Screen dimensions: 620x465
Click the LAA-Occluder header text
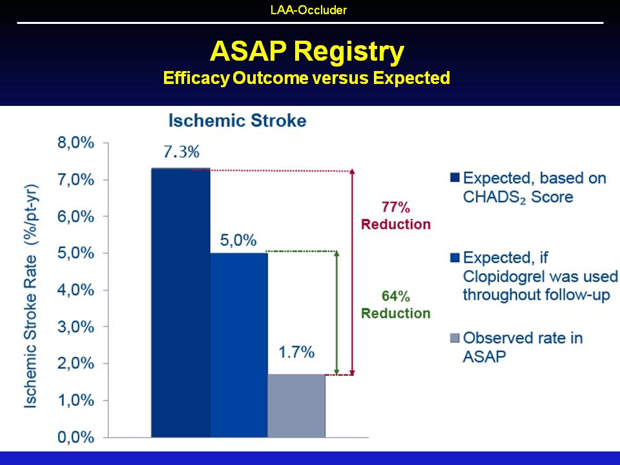click(309, 10)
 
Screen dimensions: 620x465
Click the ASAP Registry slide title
click(307, 52)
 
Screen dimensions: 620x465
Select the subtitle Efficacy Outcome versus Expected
click(306, 78)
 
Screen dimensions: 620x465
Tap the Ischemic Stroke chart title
click(237, 121)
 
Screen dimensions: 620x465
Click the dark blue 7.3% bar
click(181, 302)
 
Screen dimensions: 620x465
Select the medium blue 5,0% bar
click(239, 345)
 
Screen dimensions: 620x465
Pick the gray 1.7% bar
click(296, 406)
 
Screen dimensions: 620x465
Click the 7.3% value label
click(181, 152)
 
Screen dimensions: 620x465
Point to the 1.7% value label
click(296, 352)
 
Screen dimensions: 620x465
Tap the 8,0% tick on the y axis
click(76, 143)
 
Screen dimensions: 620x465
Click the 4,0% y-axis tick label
click(76, 290)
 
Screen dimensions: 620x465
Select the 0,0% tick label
click(76, 437)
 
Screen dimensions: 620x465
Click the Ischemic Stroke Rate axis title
click(30, 296)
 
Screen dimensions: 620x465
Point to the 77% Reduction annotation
click(396, 216)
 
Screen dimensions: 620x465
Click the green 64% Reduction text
click(396, 304)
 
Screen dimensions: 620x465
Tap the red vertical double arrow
click(353, 272)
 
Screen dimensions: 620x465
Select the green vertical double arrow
click(336, 313)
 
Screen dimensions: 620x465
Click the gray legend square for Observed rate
click(455, 338)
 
